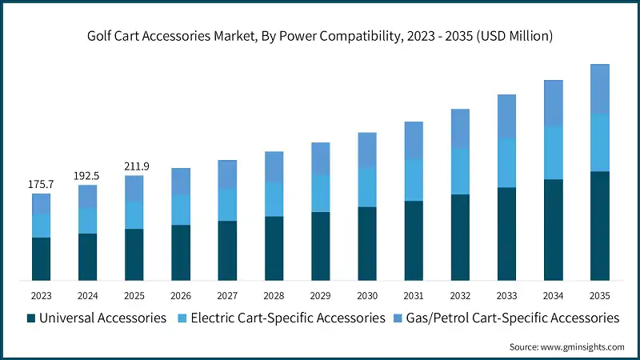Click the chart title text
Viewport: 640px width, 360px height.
(x=320, y=36)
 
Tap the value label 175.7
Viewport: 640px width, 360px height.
(x=42, y=184)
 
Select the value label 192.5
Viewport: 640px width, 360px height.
(x=88, y=175)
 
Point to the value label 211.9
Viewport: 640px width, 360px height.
(x=134, y=166)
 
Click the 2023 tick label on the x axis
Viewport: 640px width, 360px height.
(x=42, y=295)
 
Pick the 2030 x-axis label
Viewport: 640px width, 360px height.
(x=366, y=295)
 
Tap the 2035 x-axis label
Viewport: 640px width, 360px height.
(x=599, y=295)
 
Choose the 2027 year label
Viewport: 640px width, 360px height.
(x=227, y=295)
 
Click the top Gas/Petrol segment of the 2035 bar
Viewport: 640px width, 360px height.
(x=599, y=89)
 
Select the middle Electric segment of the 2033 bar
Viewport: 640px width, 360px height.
(x=506, y=162)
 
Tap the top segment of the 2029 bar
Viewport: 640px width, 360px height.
(x=320, y=158)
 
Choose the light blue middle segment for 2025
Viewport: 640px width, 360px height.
(x=134, y=214)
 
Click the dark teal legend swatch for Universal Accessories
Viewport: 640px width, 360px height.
(x=31, y=318)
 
